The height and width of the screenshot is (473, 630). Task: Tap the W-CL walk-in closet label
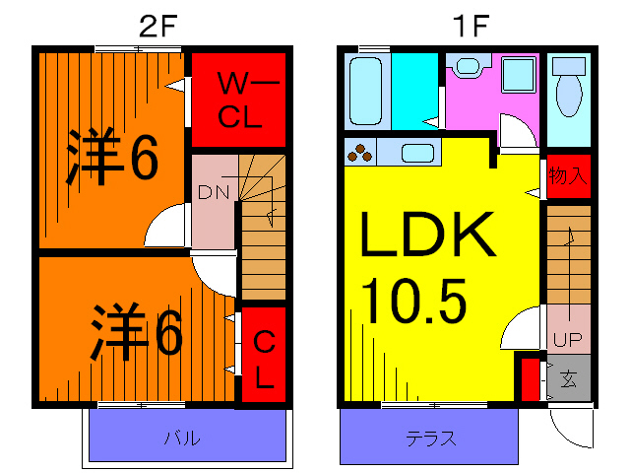(239, 99)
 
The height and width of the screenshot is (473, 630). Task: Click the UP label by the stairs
(568, 341)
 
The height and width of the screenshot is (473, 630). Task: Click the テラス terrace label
(430, 439)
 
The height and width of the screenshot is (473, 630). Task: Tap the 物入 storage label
(568, 177)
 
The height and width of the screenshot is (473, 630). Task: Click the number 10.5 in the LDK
(413, 302)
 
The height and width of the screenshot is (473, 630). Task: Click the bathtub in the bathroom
(369, 91)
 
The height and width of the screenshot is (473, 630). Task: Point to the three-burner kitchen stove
(359, 153)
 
